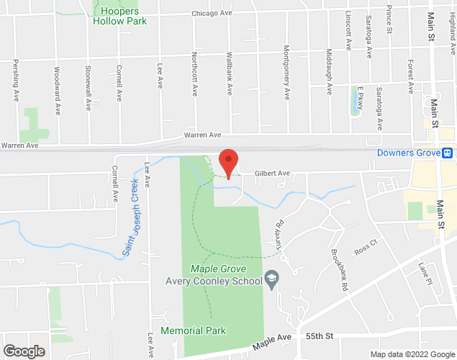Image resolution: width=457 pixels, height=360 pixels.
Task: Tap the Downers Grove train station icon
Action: coord(447,153)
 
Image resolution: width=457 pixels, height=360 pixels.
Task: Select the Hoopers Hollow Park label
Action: coord(119,16)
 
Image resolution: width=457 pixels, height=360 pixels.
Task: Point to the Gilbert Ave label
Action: coord(273,174)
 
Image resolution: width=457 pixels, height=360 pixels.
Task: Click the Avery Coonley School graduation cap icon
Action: coord(271,278)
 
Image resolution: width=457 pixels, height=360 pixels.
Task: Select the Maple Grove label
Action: coord(214,269)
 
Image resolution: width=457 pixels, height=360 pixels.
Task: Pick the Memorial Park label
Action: coord(193,330)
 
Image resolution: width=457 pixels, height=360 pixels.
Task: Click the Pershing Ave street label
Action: coord(16,85)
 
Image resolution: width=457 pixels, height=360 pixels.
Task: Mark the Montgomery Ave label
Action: coord(286,82)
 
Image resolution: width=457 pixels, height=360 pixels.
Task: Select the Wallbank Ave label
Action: coord(229,77)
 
